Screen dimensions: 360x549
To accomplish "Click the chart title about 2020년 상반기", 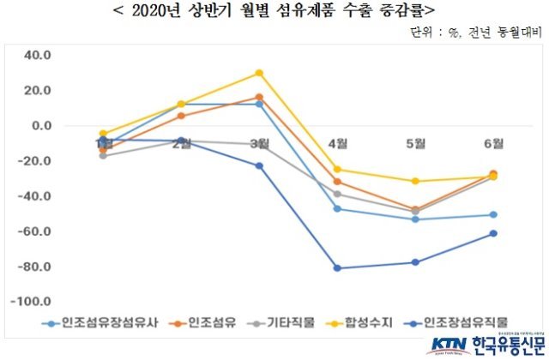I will point(274,12).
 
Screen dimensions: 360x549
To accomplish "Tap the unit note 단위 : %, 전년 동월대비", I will point(478,33).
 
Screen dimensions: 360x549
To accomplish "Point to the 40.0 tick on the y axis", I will point(38,56).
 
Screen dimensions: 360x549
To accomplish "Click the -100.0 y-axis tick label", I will point(33,303).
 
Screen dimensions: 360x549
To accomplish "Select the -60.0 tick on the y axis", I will point(35,232).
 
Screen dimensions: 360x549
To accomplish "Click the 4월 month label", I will point(337,142).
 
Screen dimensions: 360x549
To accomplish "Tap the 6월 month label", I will point(492,142).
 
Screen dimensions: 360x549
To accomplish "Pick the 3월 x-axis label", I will point(259,142).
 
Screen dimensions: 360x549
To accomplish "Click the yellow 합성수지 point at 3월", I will point(259,73).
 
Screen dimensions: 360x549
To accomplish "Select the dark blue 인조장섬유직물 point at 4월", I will point(337,268).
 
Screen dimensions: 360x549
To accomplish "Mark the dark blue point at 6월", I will point(493,233).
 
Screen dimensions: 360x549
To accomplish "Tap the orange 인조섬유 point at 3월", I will point(259,97).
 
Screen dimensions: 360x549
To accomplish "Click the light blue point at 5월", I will point(415,219).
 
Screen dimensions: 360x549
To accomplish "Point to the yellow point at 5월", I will point(415,181).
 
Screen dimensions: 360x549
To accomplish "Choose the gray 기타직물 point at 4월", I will point(337,194).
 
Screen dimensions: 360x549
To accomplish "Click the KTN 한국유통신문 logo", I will point(486,345).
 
